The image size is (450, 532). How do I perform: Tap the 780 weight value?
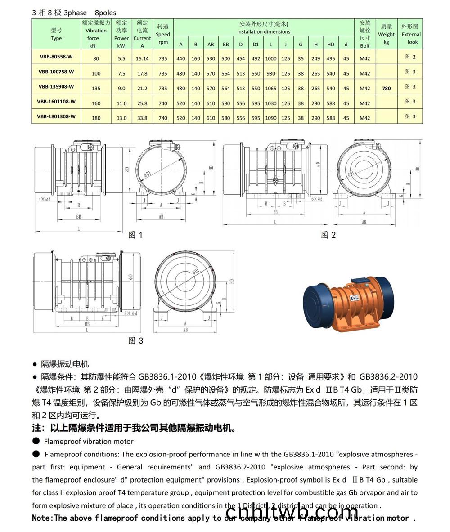(x=387, y=89)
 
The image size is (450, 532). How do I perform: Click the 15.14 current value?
(x=142, y=58)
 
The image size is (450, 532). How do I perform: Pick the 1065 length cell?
(x=271, y=89)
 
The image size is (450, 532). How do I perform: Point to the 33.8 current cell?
(x=142, y=118)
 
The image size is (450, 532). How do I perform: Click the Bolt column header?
(x=365, y=34)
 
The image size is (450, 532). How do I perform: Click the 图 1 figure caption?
(x=135, y=235)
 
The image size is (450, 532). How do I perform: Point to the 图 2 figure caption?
(x=328, y=235)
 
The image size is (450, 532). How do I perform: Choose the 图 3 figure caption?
(x=135, y=340)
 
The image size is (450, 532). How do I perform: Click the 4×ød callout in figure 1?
(x=45, y=198)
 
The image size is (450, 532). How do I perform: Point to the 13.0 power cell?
(x=121, y=118)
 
